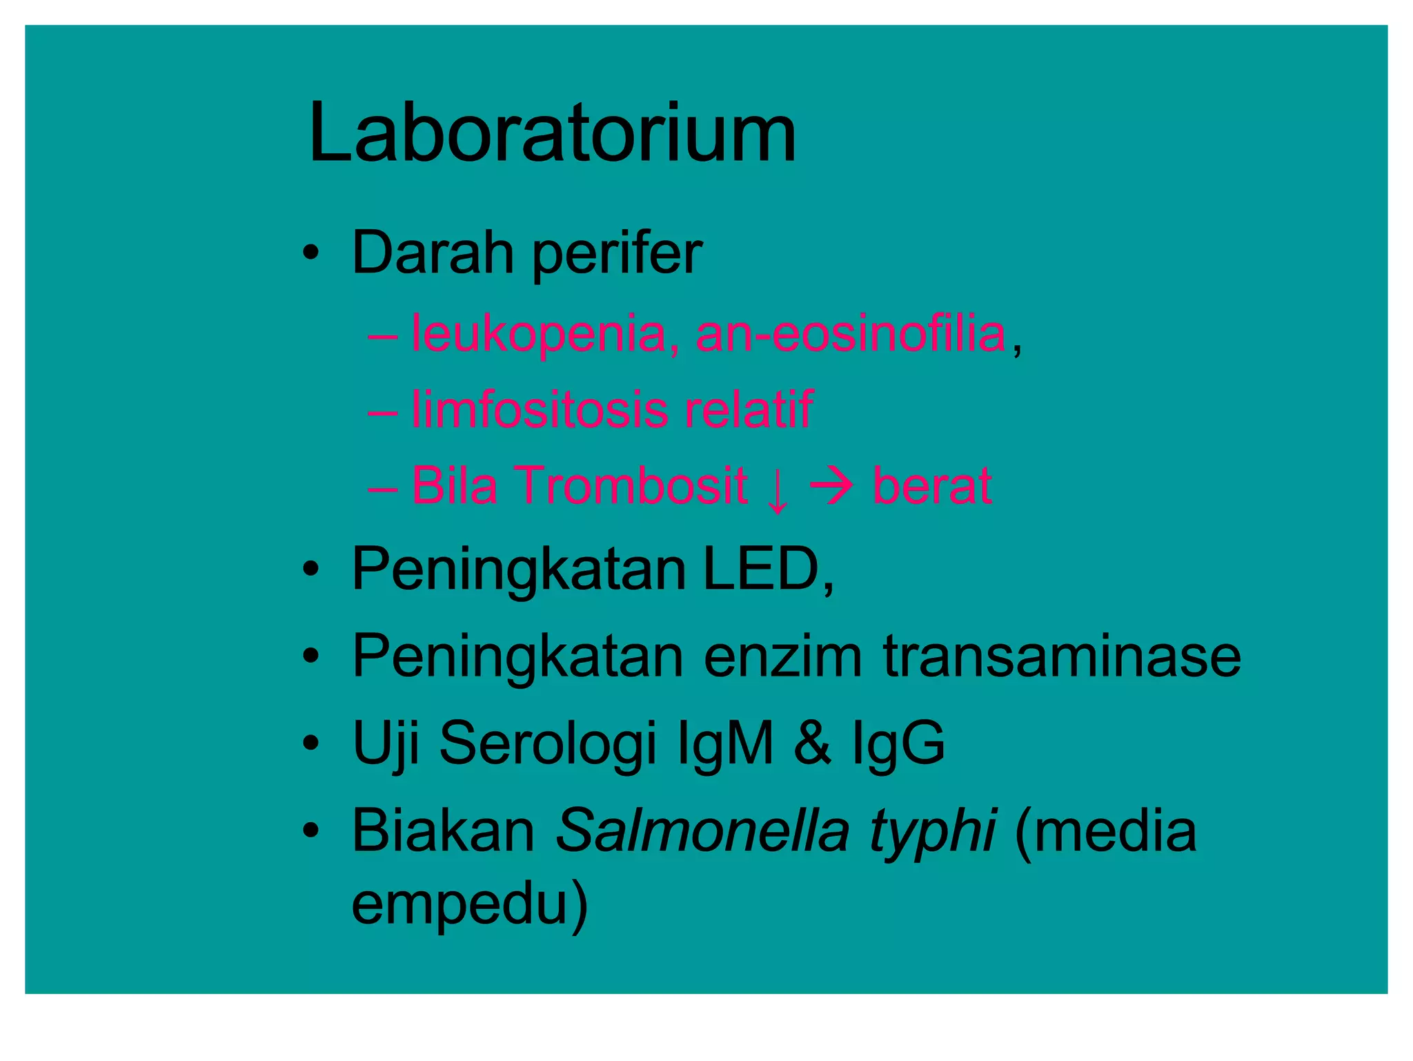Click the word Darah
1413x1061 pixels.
(x=433, y=253)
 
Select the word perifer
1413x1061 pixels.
(x=617, y=255)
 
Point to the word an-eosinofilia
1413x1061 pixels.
(x=851, y=334)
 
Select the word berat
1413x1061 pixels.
(x=932, y=485)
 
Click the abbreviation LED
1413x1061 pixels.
(x=761, y=570)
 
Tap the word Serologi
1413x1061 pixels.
(x=547, y=744)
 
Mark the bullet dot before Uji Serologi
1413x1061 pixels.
(x=311, y=744)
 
